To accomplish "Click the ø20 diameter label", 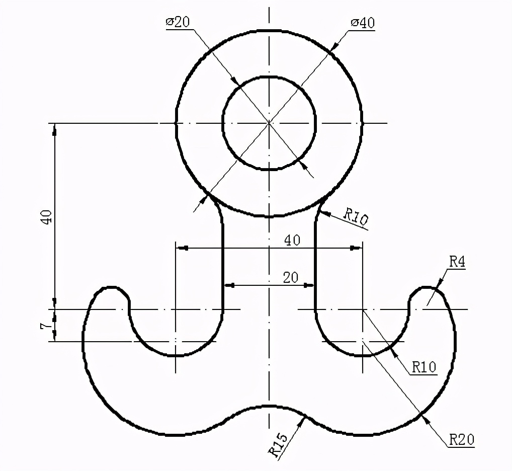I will (x=178, y=23).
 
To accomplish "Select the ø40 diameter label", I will (x=363, y=23).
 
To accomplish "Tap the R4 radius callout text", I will (x=457, y=261).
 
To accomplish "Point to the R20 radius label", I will (x=461, y=439).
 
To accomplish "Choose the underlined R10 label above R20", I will (x=424, y=367).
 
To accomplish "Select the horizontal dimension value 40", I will (x=292, y=240).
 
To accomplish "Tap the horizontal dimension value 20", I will (x=291, y=277).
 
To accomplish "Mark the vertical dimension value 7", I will (x=46, y=326).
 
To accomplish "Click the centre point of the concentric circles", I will (x=269, y=122).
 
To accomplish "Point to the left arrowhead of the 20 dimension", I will (x=229, y=285).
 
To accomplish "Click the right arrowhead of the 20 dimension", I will (x=309, y=285).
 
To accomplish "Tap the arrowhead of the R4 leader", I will (x=438, y=285).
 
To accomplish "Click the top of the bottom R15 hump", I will (x=269, y=406).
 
